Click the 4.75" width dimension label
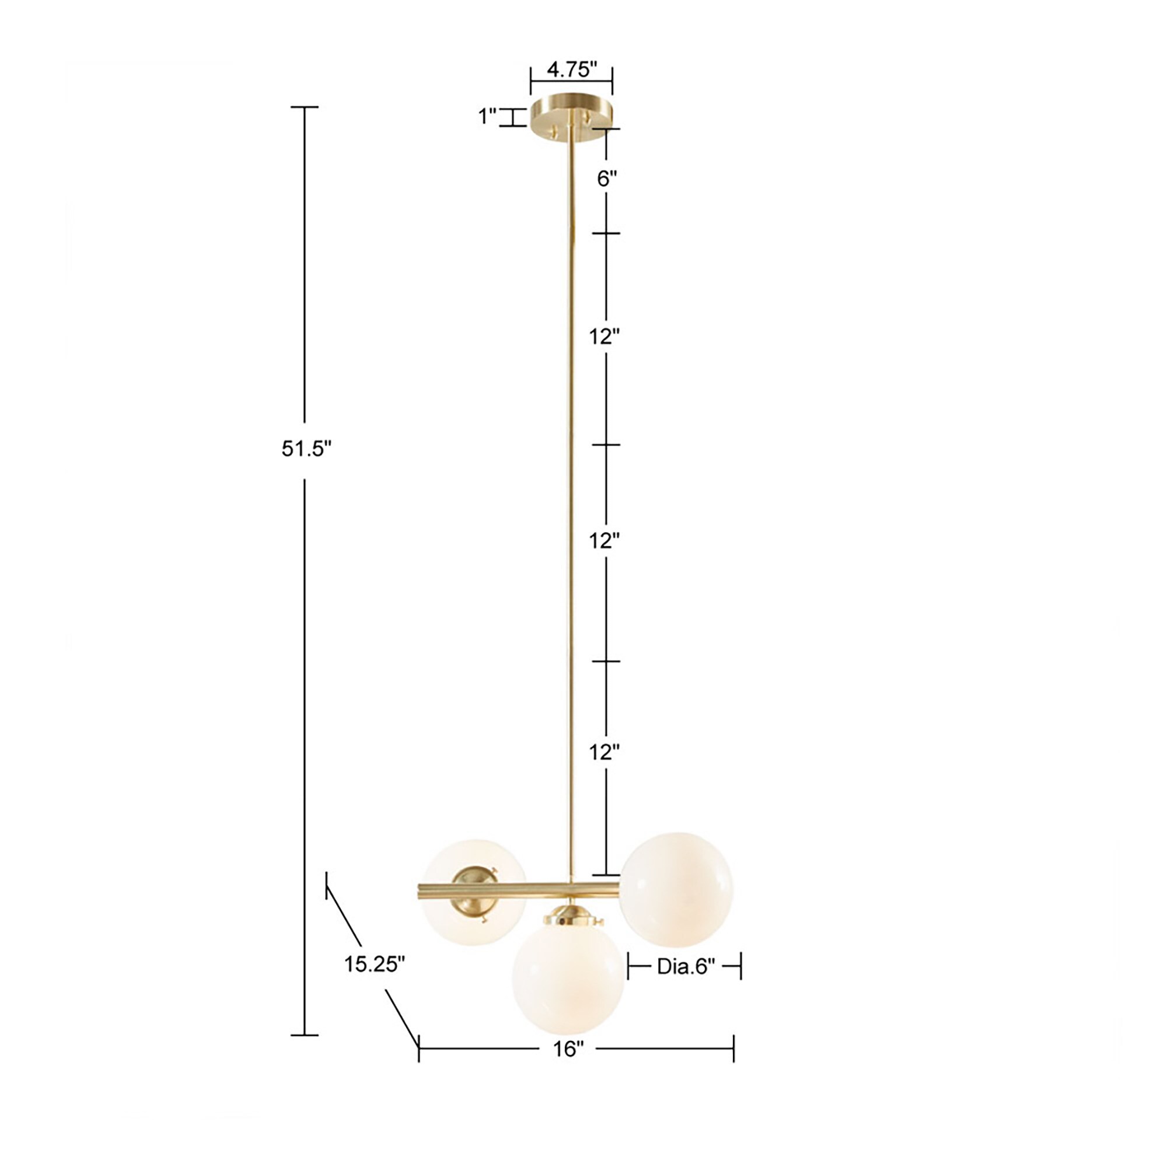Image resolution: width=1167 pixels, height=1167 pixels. (x=571, y=70)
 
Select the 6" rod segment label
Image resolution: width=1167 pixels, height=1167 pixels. (x=607, y=179)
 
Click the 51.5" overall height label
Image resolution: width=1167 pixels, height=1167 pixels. (x=307, y=449)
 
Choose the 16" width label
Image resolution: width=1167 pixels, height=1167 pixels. (x=568, y=1049)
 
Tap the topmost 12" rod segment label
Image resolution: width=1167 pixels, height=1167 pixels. (x=605, y=337)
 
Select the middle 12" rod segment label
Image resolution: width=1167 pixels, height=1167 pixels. (x=605, y=541)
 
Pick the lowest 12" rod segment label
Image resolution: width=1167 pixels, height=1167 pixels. (x=605, y=753)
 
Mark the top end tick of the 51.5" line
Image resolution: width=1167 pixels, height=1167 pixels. (x=305, y=107)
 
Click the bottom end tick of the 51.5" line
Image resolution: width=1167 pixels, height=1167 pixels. (x=305, y=1035)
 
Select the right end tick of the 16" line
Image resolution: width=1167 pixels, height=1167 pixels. (x=733, y=1049)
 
